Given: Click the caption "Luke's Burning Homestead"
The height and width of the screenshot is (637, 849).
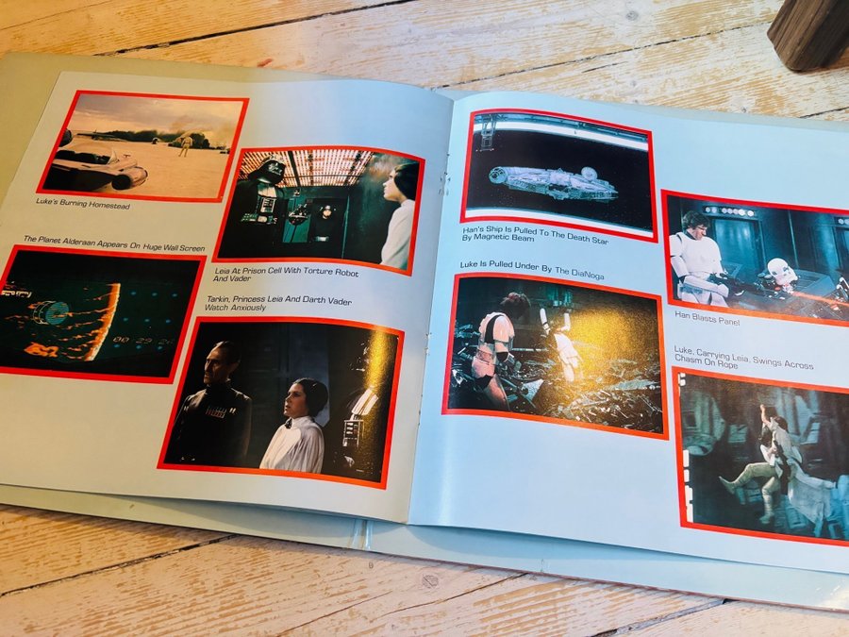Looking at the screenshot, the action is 83,203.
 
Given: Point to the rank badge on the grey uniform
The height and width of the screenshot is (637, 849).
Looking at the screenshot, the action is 215,411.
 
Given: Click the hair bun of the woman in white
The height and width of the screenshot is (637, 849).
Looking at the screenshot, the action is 320,395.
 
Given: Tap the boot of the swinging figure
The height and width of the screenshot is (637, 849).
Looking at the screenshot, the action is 727,482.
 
